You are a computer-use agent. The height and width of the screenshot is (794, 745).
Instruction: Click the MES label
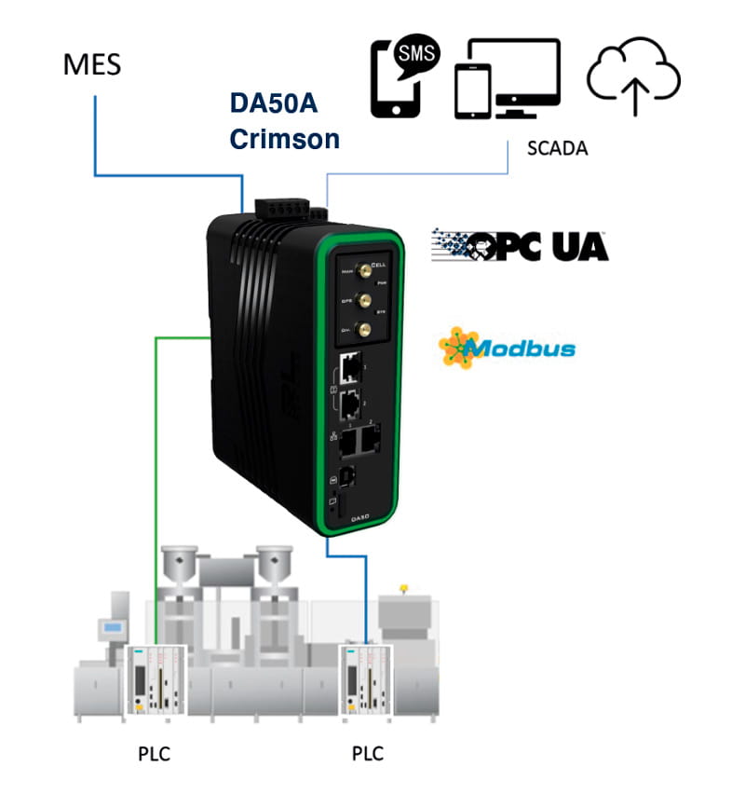(91, 65)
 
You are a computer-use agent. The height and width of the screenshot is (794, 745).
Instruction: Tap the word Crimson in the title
(284, 139)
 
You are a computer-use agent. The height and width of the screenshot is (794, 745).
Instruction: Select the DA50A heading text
(274, 104)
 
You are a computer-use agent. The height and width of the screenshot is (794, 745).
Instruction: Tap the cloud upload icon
(633, 76)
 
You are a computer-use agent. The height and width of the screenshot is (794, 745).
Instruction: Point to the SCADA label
(557, 148)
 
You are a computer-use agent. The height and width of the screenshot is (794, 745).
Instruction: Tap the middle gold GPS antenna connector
(365, 300)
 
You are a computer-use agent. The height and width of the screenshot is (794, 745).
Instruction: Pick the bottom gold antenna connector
(365, 328)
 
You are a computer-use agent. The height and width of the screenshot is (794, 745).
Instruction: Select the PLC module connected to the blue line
(364, 678)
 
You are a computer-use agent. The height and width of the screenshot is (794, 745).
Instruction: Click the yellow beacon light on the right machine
(404, 589)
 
